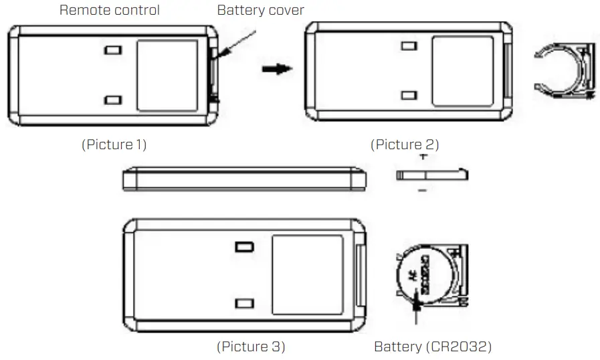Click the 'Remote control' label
point(110,10)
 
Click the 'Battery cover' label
point(260,10)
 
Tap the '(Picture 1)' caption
point(114,145)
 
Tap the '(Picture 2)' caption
point(405,145)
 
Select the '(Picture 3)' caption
point(251,347)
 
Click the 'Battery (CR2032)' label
point(432,347)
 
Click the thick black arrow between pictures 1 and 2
point(277,69)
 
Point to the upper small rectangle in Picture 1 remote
point(114,51)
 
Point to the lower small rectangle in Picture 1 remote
point(114,100)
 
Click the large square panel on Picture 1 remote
point(167,75)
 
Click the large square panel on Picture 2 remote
point(463,71)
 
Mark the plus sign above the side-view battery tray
point(423,155)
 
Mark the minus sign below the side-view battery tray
point(423,192)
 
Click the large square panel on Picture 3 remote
point(308,273)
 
